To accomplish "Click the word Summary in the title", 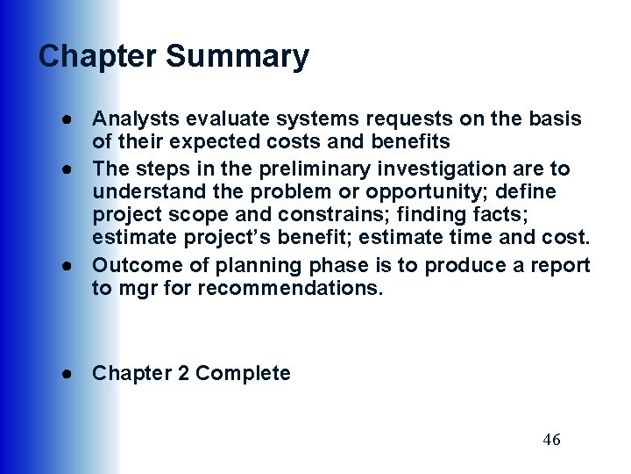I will tap(237, 57).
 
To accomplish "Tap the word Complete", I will tap(243, 373).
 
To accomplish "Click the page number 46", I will tap(551, 440).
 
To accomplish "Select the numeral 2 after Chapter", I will tap(183, 373).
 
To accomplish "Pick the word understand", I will tap(140, 191).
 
